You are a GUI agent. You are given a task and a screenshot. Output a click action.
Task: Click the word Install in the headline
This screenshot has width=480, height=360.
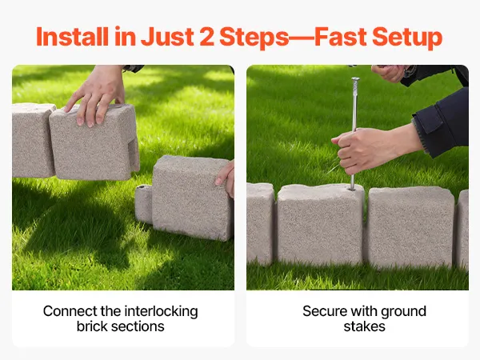coord(72,37)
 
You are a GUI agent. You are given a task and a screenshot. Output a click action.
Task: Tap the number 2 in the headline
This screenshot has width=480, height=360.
coord(206,37)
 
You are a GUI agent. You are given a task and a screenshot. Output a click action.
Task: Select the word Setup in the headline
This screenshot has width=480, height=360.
coord(407,38)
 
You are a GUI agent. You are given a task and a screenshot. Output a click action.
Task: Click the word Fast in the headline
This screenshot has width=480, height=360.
coord(341,37)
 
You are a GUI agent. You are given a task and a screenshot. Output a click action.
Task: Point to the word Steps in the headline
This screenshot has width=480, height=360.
coord(254,38)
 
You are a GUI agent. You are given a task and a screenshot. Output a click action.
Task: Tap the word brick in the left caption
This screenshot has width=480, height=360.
coord(91,326)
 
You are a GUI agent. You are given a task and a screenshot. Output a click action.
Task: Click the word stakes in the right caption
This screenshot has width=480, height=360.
coord(364,326)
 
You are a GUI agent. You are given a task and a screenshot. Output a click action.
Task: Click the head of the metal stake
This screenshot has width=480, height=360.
coord(355,79)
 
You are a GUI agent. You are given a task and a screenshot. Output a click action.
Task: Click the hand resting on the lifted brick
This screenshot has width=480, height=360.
coord(95,95)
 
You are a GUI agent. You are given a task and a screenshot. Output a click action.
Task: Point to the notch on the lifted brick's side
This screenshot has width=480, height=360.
coord(133,154)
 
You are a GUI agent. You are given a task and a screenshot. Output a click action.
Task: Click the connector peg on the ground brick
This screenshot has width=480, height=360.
coord(143,203)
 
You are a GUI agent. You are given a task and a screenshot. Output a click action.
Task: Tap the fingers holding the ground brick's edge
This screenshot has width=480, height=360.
coord(226,178)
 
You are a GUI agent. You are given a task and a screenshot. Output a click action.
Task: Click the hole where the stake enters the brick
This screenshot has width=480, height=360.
coord(352,190)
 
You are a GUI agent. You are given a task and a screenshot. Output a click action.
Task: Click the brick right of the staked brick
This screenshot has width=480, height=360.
coord(410,227)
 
